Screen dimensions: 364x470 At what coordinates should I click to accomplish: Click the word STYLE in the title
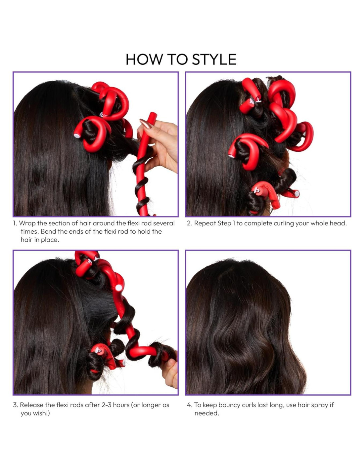(x=214, y=59)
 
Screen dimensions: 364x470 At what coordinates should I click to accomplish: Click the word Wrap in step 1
(x=27, y=223)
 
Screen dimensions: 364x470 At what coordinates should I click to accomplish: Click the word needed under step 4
(x=206, y=413)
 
